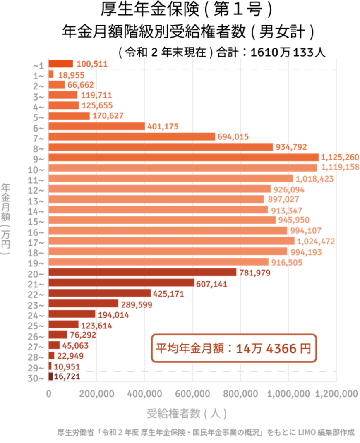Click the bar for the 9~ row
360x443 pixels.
click(x=183, y=158)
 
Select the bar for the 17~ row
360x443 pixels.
click(x=172, y=241)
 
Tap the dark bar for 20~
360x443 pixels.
click(x=142, y=272)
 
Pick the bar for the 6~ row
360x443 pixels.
click(x=96, y=127)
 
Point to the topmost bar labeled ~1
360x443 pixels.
click(x=60, y=64)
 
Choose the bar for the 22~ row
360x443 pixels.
click(x=99, y=293)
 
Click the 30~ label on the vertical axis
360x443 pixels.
click(x=39, y=377)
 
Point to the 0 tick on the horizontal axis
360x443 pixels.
click(x=49, y=394)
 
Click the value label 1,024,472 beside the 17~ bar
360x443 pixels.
click(x=316, y=241)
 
